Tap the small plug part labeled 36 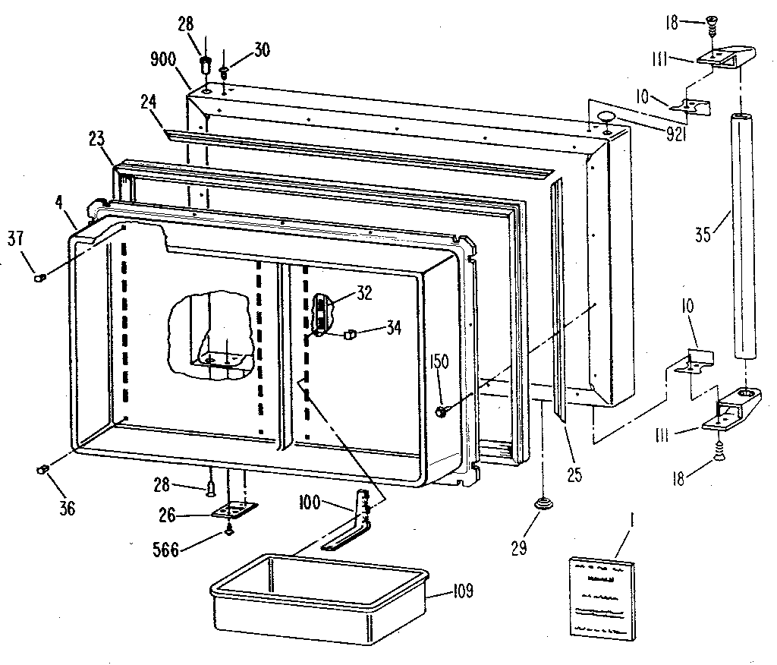42,471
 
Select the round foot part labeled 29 543,503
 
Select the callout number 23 96,140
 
